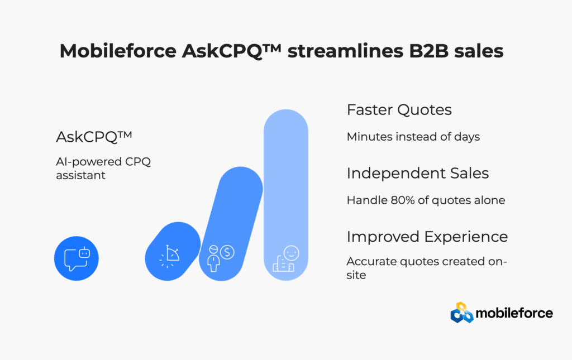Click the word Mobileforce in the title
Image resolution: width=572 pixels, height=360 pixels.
click(118, 51)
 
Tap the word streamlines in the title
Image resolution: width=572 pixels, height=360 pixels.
click(345, 51)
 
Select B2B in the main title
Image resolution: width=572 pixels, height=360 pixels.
click(428, 51)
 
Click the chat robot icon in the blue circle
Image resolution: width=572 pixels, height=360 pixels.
click(77, 258)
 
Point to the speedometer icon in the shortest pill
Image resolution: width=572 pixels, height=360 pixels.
click(169, 257)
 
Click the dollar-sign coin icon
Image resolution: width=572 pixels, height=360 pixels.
click(227, 252)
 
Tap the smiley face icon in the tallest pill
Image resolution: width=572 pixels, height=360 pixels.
click(291, 253)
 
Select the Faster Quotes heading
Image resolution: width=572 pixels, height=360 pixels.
click(399, 110)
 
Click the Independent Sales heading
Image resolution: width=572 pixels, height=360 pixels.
click(418, 173)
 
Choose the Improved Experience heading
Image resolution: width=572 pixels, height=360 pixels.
click(427, 237)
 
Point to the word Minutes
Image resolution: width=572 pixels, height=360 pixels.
click(370, 137)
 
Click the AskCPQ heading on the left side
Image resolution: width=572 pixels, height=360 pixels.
click(94, 137)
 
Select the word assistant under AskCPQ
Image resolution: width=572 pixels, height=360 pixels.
click(80, 175)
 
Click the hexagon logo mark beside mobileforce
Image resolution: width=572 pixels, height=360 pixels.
click(462, 313)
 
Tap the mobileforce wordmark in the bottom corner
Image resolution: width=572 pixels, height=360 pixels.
click(514, 313)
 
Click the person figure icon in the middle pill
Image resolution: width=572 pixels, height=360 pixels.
click(213, 258)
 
